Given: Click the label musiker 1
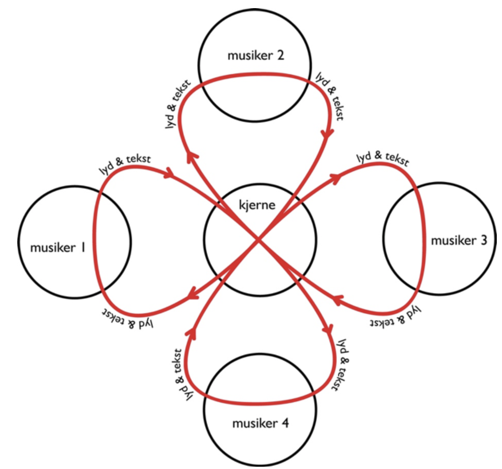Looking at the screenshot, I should point(58,247).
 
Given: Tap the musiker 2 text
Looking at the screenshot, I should point(256,55).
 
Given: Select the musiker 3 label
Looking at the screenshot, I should point(459,240).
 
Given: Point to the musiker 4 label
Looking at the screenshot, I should point(260,423).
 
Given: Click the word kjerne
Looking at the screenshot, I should point(257,205).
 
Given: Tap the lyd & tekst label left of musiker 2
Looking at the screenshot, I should point(177,104).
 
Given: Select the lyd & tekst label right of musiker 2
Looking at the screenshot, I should point(330,96).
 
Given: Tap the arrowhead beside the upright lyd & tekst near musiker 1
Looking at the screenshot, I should point(169,173).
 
